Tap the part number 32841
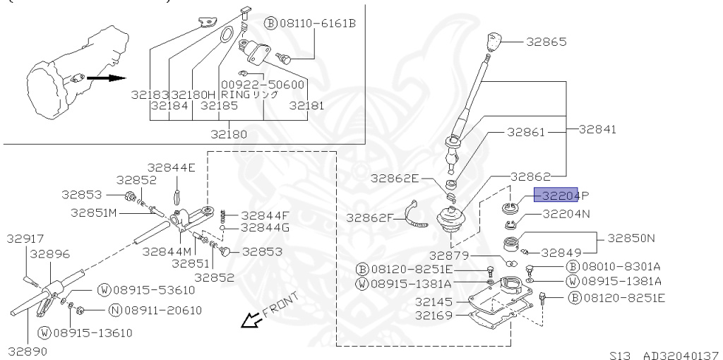pyautogui.click(x=597, y=129)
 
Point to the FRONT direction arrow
pyautogui.click(x=251, y=320)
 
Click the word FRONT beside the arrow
pyautogui.click(x=281, y=305)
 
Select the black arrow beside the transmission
pyautogui.click(x=107, y=78)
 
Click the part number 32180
pyautogui.click(x=229, y=135)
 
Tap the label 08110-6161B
pyautogui.click(x=318, y=23)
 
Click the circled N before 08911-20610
pyautogui.click(x=115, y=310)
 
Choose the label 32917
pyautogui.click(x=25, y=239)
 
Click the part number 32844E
pyautogui.click(x=171, y=167)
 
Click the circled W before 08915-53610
pyautogui.click(x=105, y=290)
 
